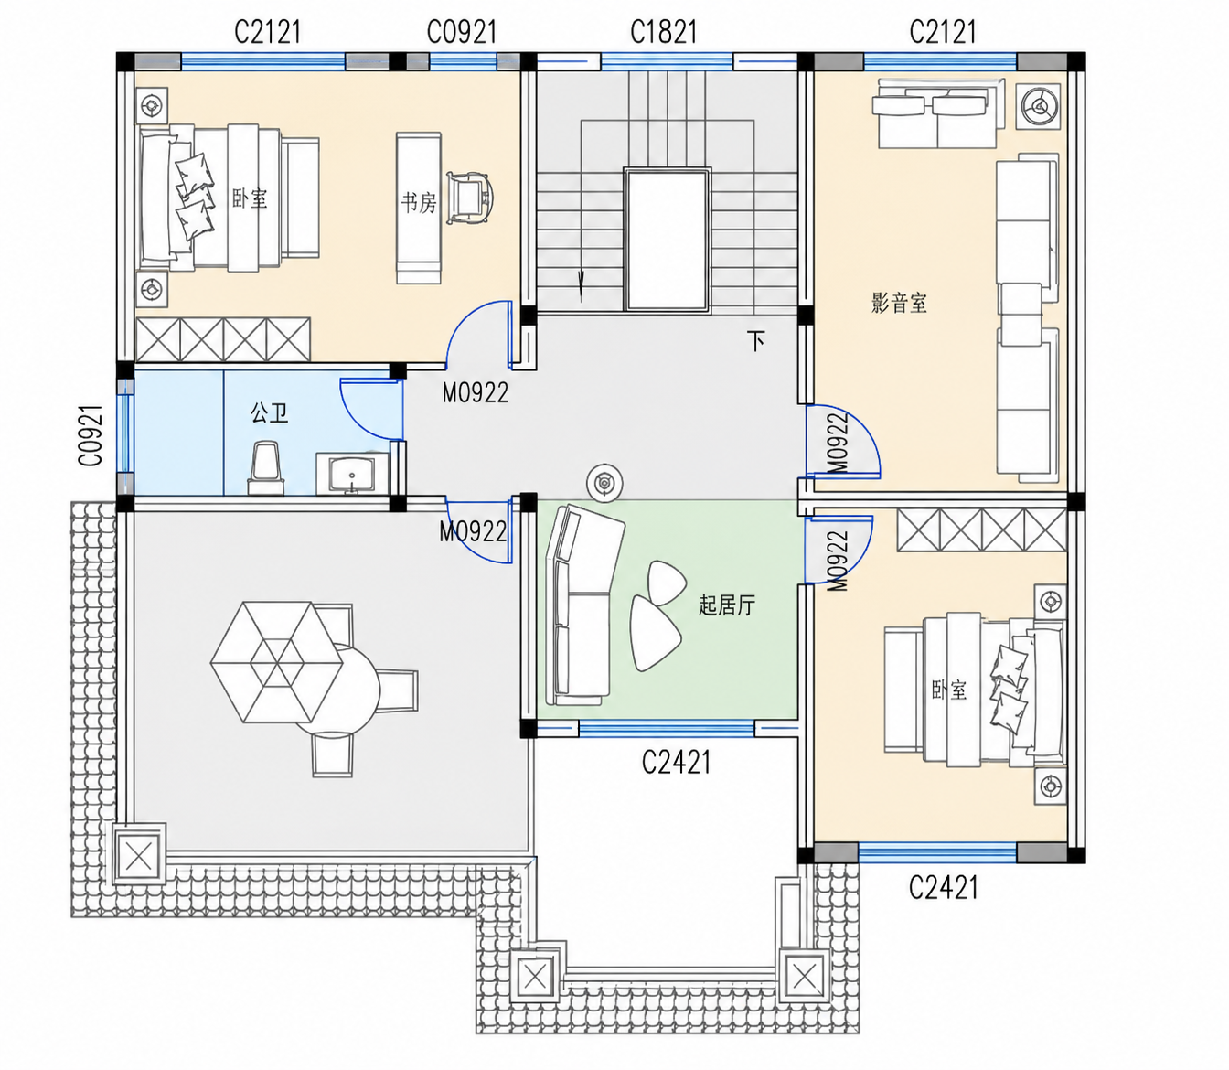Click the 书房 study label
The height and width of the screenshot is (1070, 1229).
[419, 203]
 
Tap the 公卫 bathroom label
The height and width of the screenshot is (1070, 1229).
[269, 413]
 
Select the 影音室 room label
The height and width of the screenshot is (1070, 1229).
[899, 303]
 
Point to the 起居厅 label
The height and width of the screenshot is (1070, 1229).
[727, 605]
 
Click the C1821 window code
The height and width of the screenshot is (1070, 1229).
[664, 32]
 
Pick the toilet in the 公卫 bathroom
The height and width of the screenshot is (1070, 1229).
[266, 468]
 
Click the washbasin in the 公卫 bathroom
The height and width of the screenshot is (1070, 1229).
[353, 473]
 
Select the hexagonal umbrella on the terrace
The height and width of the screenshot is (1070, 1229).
[276, 662]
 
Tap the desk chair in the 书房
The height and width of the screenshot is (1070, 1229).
[469, 198]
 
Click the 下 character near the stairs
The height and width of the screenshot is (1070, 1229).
[755, 341]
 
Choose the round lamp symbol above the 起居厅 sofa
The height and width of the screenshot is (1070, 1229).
[604, 483]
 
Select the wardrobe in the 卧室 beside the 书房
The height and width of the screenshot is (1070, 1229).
[223, 339]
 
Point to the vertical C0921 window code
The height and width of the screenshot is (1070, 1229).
[91, 435]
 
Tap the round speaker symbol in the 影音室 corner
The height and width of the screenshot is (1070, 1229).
[1038, 106]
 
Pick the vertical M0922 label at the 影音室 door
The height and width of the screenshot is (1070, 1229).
[838, 444]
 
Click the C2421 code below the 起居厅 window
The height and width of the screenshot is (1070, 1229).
[676, 763]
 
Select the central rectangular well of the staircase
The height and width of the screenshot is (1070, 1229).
[667, 239]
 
